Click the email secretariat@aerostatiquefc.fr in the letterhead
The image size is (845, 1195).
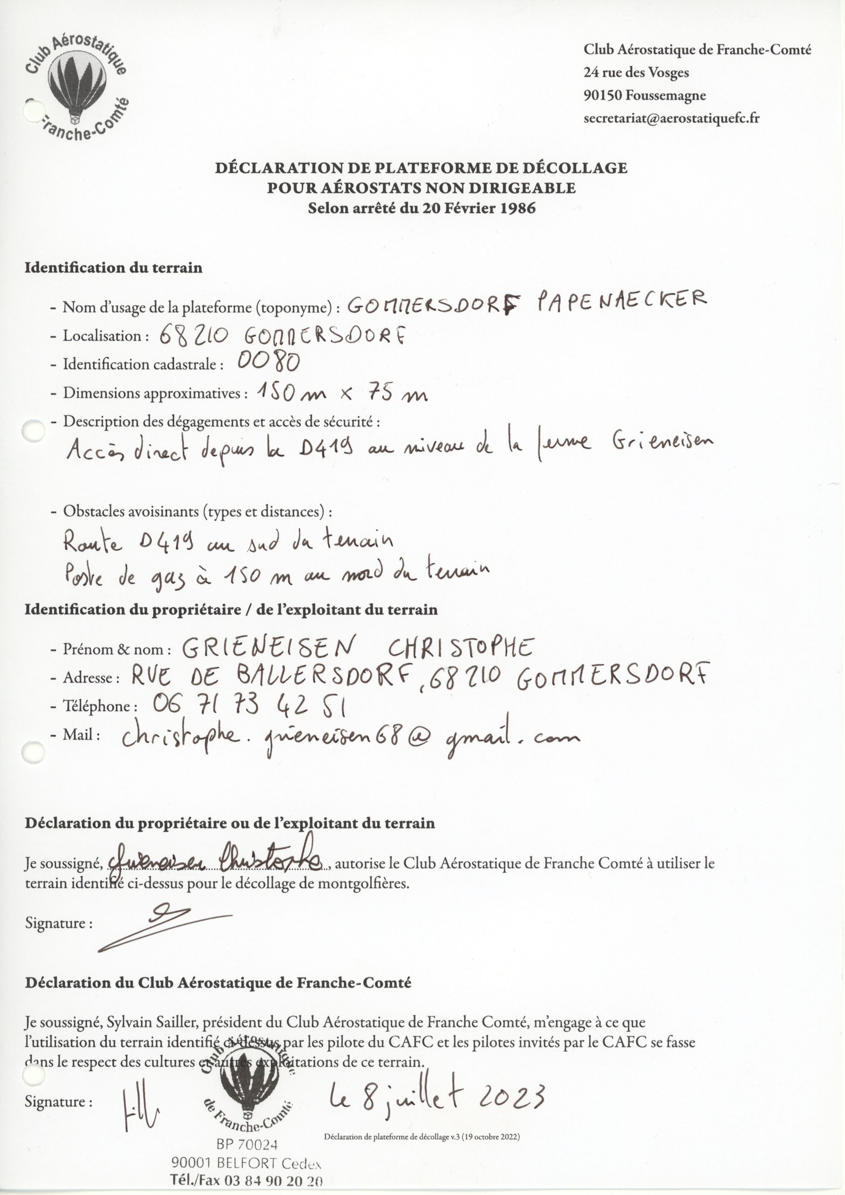point(671,119)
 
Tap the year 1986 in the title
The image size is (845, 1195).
point(517,208)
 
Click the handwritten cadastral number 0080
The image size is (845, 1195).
point(268,361)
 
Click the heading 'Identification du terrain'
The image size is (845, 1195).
point(113,268)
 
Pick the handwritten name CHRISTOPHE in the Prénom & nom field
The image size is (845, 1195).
point(461,648)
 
